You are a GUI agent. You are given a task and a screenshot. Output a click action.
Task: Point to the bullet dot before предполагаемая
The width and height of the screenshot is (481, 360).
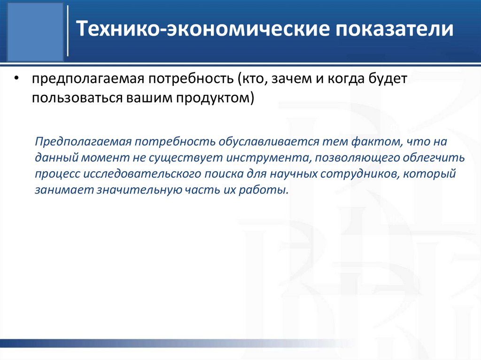tap(17, 80)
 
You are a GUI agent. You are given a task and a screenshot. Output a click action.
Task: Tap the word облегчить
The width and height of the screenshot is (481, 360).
tap(437, 158)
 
